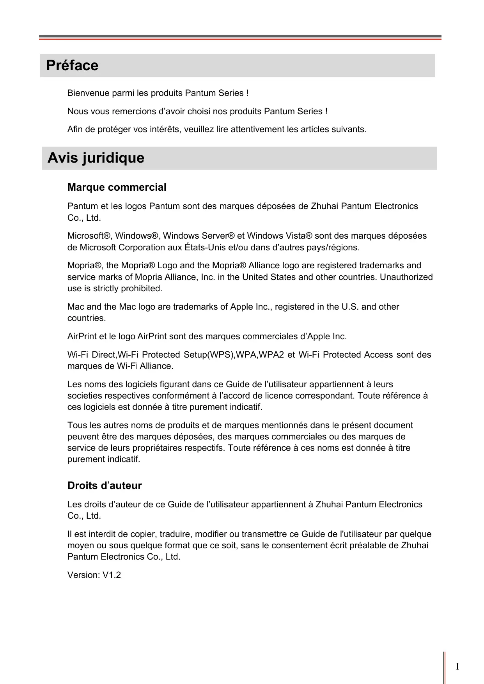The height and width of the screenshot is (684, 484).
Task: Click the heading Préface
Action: click(x=72, y=66)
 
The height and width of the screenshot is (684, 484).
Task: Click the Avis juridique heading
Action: click(x=96, y=158)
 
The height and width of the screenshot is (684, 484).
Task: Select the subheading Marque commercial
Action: click(x=117, y=188)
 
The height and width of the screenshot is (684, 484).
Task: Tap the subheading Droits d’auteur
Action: click(x=105, y=486)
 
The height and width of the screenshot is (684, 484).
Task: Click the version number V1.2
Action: click(x=112, y=575)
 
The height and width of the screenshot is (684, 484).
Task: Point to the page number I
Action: click(x=457, y=666)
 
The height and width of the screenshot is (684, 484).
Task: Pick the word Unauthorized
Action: click(x=406, y=277)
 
